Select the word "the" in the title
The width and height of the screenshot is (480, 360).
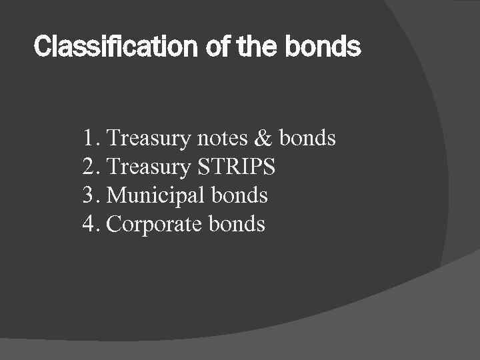click(x=249, y=47)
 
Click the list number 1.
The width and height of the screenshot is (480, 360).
click(x=91, y=139)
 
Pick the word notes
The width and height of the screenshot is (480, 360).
click(x=223, y=139)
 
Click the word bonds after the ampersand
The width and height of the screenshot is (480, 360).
click(x=307, y=139)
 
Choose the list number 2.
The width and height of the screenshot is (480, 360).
click(x=91, y=167)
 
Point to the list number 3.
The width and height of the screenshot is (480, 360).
click(x=91, y=196)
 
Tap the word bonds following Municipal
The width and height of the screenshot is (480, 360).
click(x=239, y=196)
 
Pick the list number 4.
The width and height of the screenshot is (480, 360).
click(x=91, y=225)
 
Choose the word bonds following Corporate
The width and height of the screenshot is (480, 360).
click(x=237, y=225)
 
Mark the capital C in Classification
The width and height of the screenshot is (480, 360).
click(x=41, y=47)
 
